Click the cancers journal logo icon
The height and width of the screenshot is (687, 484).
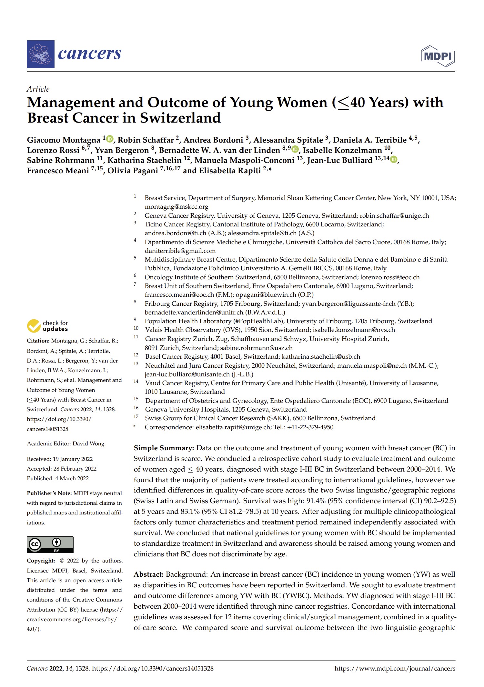(40, 54)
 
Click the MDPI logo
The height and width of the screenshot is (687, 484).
(438, 56)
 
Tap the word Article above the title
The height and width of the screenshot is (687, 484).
(38, 89)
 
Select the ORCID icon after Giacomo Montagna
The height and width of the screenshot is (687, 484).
(110, 139)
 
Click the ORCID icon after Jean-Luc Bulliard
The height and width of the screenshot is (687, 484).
(393, 159)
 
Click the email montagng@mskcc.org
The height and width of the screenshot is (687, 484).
(176, 207)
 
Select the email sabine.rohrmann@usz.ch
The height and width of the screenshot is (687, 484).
(256, 348)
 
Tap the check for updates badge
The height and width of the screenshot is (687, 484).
(47, 326)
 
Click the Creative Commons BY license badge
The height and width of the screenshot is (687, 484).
(50, 545)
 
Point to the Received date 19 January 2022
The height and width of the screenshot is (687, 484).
(73, 459)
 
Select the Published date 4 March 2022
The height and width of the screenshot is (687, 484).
(72, 479)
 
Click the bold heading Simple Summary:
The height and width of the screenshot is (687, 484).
(164, 448)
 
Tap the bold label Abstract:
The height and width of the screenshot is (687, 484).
(148, 574)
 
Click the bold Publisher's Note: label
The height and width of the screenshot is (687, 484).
(49, 493)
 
